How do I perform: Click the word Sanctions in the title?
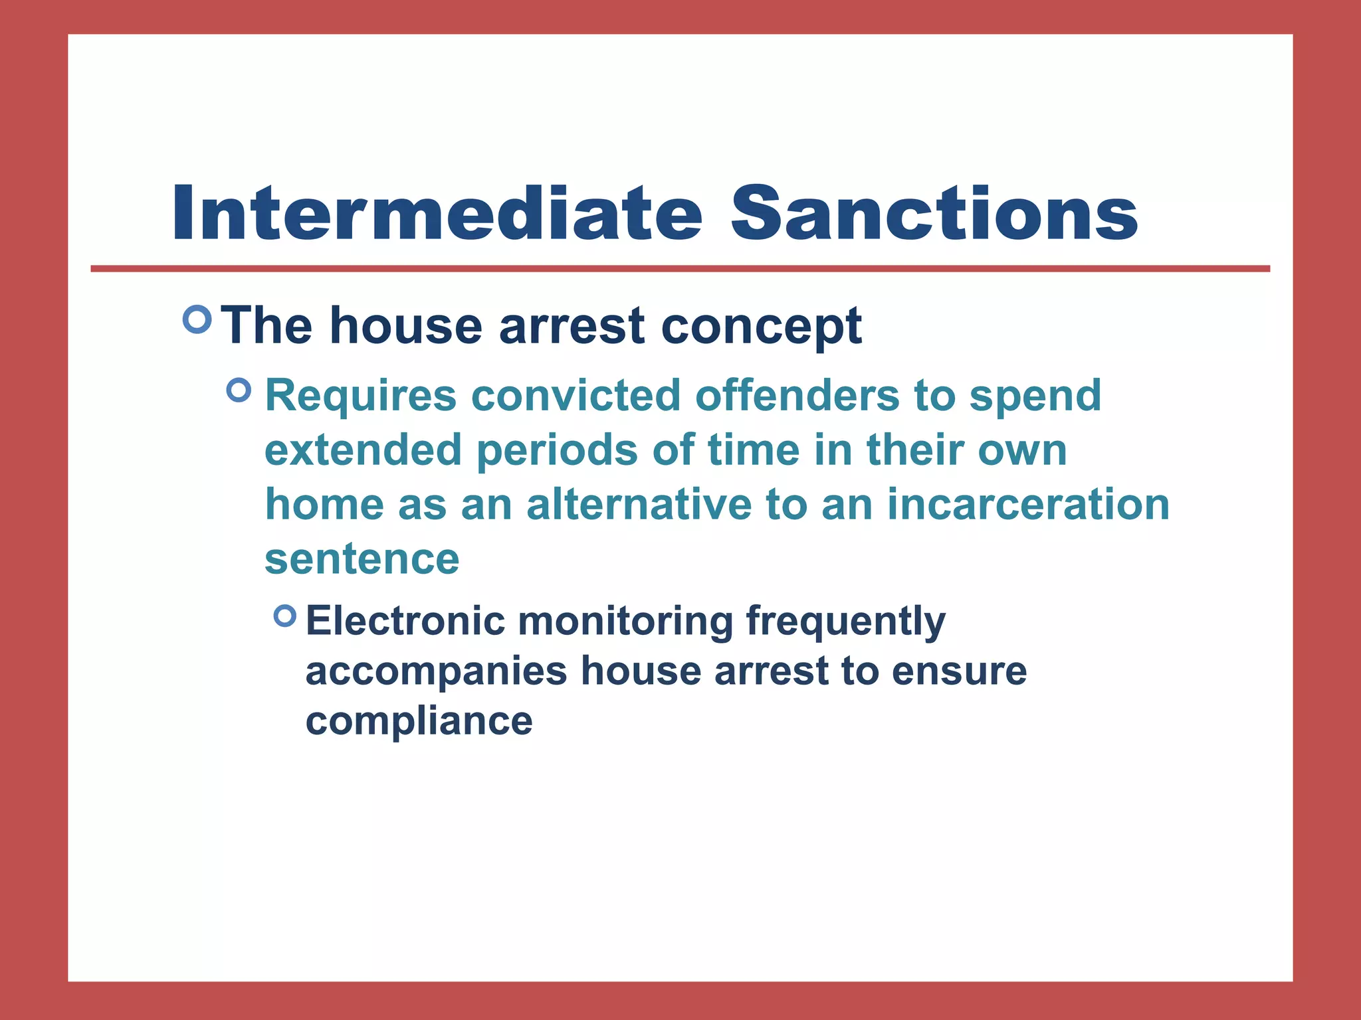[934, 214]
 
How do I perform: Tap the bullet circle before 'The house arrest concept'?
[197, 320]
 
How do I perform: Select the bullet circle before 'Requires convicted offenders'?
[239, 390]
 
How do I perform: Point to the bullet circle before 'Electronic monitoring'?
[285, 616]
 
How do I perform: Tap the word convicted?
[576, 396]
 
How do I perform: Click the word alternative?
[639, 505]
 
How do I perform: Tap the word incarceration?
[1028, 505]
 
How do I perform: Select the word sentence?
[362, 560]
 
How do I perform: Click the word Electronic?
[405, 622]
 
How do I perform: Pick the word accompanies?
[436, 672]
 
